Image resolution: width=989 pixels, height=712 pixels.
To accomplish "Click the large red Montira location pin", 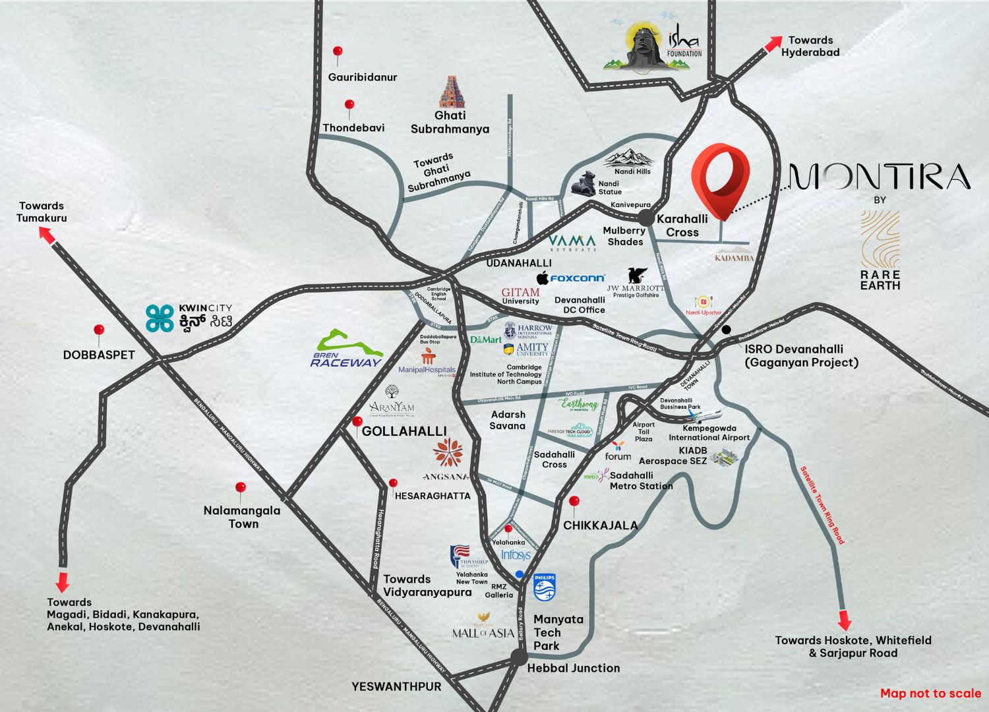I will [720, 178].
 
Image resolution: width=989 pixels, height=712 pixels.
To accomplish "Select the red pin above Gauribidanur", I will [338, 52].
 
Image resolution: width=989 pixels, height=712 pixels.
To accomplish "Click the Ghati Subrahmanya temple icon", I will [451, 92].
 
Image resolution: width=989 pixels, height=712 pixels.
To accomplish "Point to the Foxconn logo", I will [570, 278].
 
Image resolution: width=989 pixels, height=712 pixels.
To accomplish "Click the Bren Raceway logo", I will [347, 349].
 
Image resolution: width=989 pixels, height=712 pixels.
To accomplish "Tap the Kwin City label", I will [189, 318].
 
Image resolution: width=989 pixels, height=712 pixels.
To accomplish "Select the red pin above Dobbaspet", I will [99, 331].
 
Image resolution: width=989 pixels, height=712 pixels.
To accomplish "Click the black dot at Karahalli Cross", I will [645, 219].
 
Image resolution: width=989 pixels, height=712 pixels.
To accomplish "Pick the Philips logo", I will [545, 587].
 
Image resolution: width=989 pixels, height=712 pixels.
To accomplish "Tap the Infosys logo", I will [516, 555].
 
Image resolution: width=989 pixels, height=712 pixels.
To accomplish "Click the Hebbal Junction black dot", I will [519, 657].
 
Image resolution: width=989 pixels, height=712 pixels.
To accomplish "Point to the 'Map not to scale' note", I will [930, 693].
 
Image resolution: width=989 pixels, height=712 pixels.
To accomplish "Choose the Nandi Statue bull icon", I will [584, 183].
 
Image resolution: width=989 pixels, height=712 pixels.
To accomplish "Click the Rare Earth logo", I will [880, 251].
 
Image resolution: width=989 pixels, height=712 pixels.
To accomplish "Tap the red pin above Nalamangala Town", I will [241, 489].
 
